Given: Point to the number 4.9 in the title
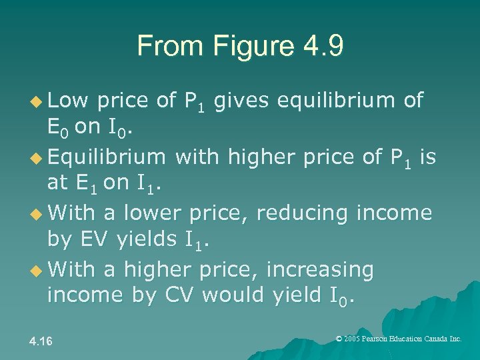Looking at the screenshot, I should click(x=319, y=46).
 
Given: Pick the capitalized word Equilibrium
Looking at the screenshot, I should click(x=106, y=157).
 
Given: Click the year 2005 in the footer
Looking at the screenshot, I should click(x=351, y=339).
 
